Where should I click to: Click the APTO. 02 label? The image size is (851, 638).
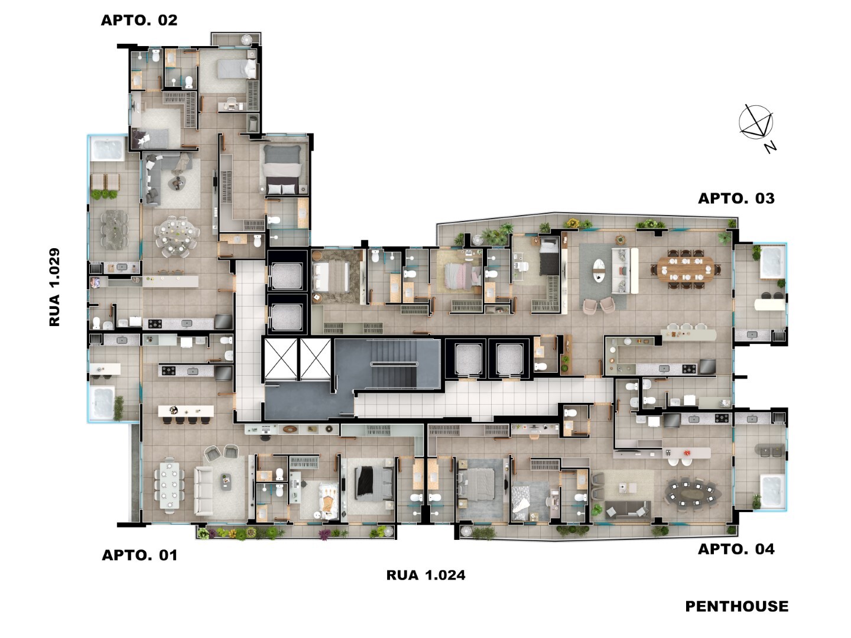[x=139, y=20]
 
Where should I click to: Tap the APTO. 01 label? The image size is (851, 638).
[x=139, y=555]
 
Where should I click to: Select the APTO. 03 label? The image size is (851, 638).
[x=736, y=198]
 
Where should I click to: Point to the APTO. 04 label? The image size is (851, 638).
[x=736, y=549]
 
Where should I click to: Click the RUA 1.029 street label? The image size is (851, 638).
[x=55, y=287]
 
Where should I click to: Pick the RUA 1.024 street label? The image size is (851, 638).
[x=425, y=575]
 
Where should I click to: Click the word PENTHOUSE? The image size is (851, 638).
[x=736, y=606]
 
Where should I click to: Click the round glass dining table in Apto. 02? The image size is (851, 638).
[x=177, y=235]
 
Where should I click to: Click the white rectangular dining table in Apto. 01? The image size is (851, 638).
[x=170, y=485]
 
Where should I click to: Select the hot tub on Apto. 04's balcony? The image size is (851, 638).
[x=772, y=491]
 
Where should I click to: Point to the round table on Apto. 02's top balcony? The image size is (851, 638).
[x=247, y=39]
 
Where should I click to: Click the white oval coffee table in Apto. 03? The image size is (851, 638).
[x=599, y=269]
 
